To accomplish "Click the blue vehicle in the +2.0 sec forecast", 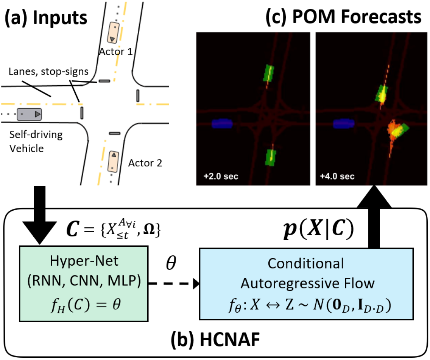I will [223, 124].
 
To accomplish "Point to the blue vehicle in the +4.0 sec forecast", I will [343, 124].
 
